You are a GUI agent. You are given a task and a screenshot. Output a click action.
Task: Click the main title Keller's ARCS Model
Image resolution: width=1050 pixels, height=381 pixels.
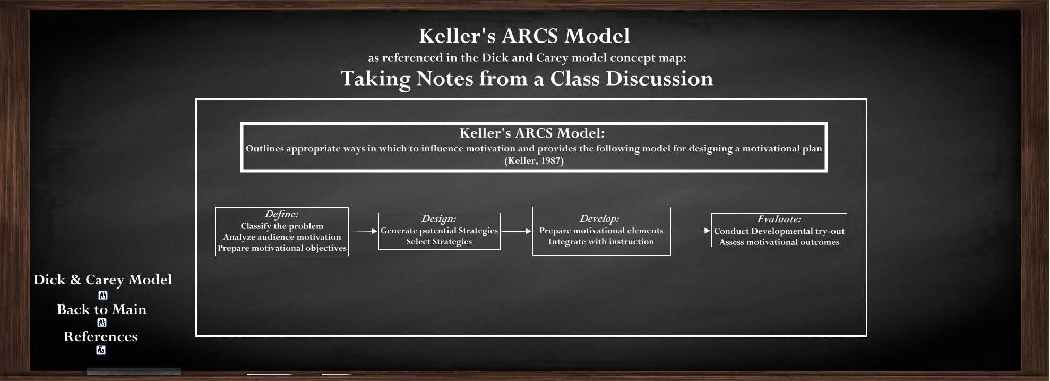(x=524, y=36)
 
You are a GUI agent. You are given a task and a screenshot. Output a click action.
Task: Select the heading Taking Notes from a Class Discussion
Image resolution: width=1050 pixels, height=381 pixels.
(x=527, y=79)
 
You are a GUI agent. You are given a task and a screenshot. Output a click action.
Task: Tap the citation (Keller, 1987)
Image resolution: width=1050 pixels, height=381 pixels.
(x=533, y=160)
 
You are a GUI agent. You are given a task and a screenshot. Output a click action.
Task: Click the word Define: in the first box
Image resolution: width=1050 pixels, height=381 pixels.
(x=281, y=214)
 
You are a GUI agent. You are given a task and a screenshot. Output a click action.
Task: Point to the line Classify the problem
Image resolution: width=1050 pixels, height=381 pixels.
(x=282, y=226)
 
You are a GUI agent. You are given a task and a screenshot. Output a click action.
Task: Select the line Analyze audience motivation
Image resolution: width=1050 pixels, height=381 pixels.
(x=282, y=237)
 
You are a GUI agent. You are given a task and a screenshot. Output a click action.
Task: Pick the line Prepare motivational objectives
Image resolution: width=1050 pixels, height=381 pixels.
(x=282, y=248)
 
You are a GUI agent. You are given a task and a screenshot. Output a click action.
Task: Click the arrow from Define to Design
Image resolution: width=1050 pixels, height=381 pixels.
(x=363, y=231)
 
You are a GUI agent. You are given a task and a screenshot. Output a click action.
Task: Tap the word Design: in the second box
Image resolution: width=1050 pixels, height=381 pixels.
(x=439, y=218)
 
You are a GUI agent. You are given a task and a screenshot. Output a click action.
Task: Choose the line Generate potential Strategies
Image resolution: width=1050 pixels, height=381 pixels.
(x=439, y=231)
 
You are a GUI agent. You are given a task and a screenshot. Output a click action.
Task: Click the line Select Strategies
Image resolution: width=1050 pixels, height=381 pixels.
(x=439, y=241)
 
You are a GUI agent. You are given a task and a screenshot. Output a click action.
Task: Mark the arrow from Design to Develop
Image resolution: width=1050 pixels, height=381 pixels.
(x=516, y=231)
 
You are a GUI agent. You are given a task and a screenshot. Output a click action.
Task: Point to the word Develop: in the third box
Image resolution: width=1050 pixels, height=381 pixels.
(x=599, y=218)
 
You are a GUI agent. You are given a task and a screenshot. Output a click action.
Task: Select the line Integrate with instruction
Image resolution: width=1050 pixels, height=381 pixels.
(x=601, y=241)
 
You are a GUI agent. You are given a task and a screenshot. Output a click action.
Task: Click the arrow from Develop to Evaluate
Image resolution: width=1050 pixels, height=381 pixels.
(x=691, y=231)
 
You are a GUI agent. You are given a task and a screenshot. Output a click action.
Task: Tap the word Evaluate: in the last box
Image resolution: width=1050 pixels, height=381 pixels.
(x=779, y=219)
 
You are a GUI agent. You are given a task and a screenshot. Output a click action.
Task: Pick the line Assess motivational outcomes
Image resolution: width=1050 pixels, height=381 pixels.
(x=779, y=242)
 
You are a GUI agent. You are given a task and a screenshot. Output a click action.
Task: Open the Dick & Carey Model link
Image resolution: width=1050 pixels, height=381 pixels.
(x=102, y=280)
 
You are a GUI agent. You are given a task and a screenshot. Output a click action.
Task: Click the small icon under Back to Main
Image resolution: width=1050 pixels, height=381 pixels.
(x=102, y=323)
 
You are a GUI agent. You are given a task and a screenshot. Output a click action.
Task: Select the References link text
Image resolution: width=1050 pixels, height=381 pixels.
(x=100, y=337)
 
